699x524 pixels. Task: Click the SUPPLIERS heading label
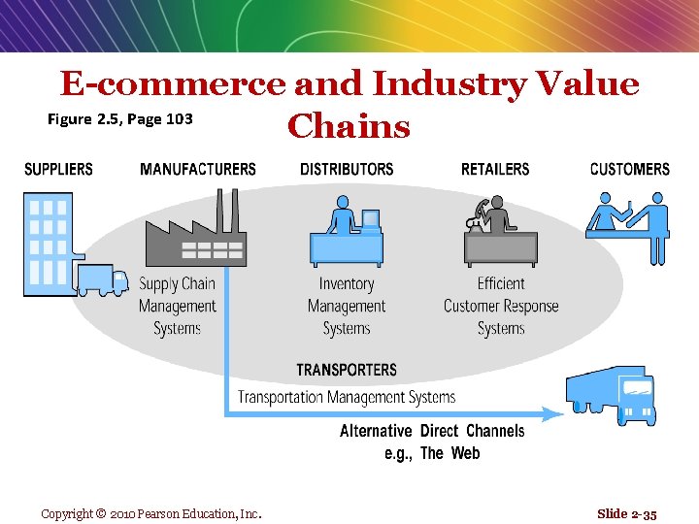[x=58, y=169]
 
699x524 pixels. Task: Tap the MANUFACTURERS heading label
[x=198, y=169]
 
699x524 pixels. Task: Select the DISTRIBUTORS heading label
[x=347, y=169]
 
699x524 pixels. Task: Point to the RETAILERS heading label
[x=495, y=169]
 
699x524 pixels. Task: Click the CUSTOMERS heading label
[x=629, y=169]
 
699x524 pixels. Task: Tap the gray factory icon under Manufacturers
[x=195, y=233]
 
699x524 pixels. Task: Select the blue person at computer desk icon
[x=347, y=233]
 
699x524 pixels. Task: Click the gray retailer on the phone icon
[x=500, y=233]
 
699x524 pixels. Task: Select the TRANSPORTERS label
[x=347, y=370]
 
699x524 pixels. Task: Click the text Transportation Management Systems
[x=347, y=396]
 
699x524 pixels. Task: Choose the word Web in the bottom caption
[x=464, y=453]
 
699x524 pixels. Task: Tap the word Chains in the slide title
[x=349, y=126]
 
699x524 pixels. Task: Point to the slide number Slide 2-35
[x=627, y=513]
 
